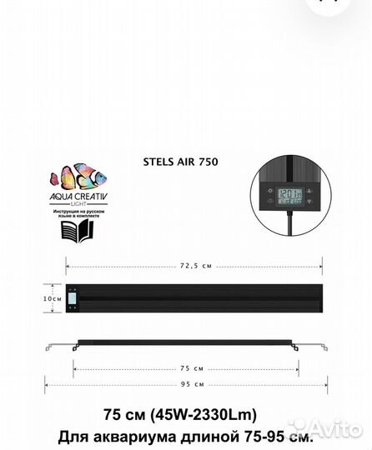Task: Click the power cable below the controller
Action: (289, 232)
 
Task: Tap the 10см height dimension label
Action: (53, 297)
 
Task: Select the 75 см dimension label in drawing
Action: (192, 367)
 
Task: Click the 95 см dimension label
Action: (192, 385)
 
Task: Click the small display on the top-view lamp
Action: (73, 297)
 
